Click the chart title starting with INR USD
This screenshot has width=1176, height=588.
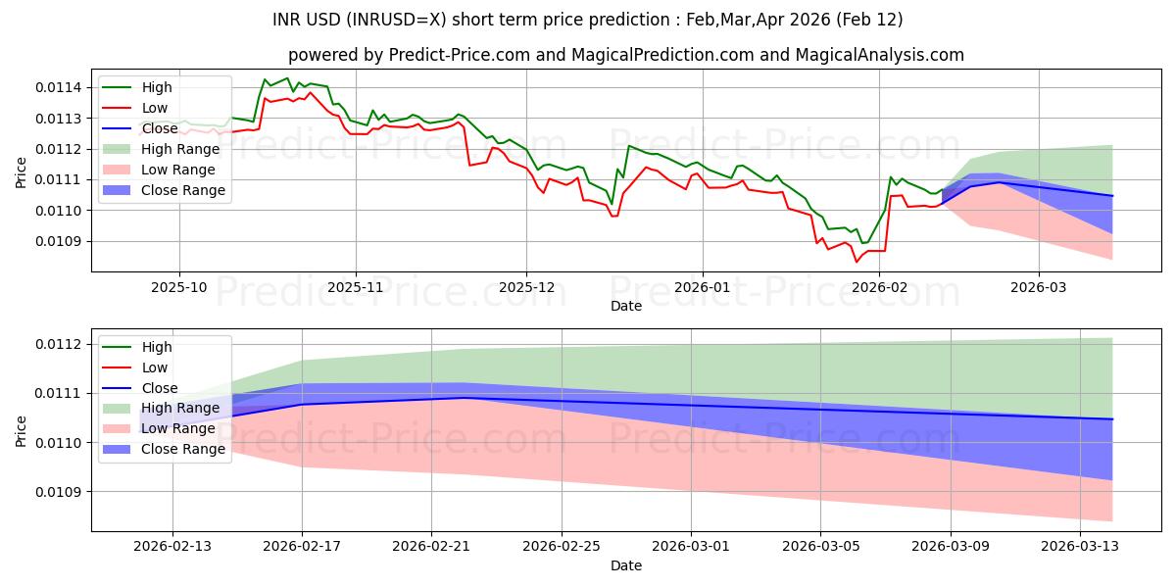pyautogui.click(x=587, y=20)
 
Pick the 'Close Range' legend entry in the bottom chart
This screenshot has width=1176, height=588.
pyautogui.click(x=184, y=449)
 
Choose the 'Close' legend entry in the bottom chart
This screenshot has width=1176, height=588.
pyautogui.click(x=161, y=388)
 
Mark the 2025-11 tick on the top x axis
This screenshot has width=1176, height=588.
pyautogui.click(x=355, y=288)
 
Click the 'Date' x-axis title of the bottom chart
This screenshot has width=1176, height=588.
pyautogui.click(x=626, y=565)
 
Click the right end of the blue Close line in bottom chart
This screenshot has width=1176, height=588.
pyautogui.click(x=1112, y=419)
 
